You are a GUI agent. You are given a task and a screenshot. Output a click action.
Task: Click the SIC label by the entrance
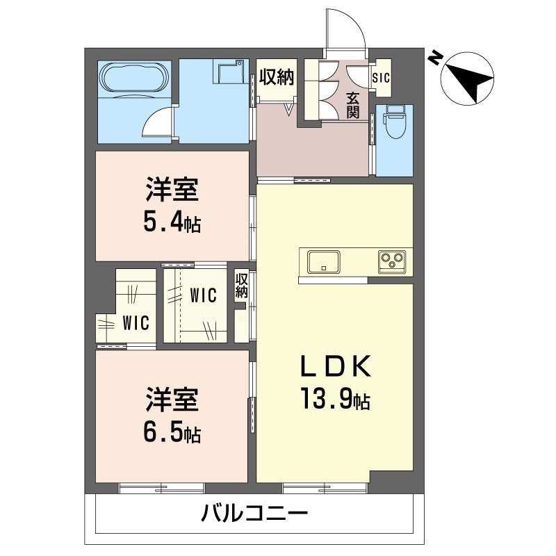pyautogui.click(x=382, y=78)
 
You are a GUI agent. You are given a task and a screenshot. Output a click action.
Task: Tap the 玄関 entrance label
pyautogui.click(x=353, y=106)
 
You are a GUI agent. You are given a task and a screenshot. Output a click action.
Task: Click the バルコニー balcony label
pyautogui.click(x=254, y=514)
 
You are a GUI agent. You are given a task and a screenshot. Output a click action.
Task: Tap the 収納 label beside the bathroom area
pyautogui.click(x=277, y=77)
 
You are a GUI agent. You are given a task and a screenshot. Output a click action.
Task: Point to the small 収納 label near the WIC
pyautogui.click(x=241, y=286)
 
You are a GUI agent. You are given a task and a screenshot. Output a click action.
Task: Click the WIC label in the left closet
pyautogui.click(x=135, y=323)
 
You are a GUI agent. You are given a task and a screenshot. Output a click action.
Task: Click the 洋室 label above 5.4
pyautogui.click(x=172, y=190)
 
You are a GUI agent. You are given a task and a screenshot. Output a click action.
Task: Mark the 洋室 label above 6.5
pyautogui.click(x=172, y=401)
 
